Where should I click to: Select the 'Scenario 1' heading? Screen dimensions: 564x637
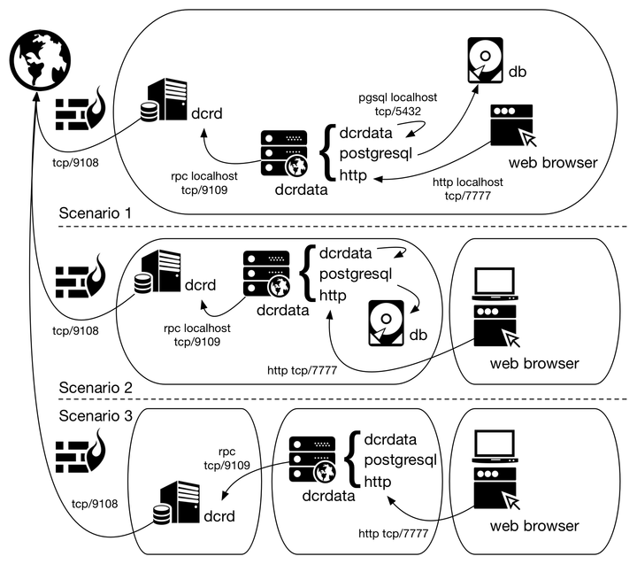(x=95, y=213)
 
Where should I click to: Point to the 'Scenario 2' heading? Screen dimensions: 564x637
(x=95, y=387)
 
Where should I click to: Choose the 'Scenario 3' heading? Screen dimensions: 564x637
(x=95, y=415)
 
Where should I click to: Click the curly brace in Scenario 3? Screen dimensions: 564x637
(x=352, y=460)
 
